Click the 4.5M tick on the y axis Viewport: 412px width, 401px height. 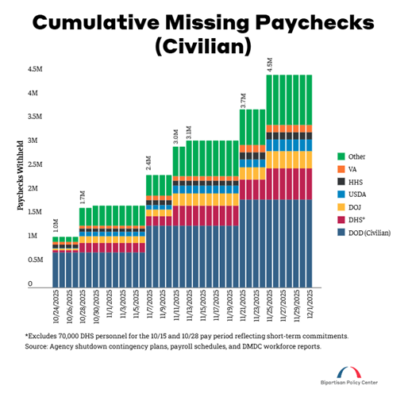pos(35,69)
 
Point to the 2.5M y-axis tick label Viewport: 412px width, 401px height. pos(35,164)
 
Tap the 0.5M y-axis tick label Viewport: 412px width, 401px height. pos(35,260)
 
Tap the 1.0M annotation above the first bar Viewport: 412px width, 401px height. pos(56,226)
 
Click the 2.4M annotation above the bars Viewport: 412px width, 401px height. pos(148,164)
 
